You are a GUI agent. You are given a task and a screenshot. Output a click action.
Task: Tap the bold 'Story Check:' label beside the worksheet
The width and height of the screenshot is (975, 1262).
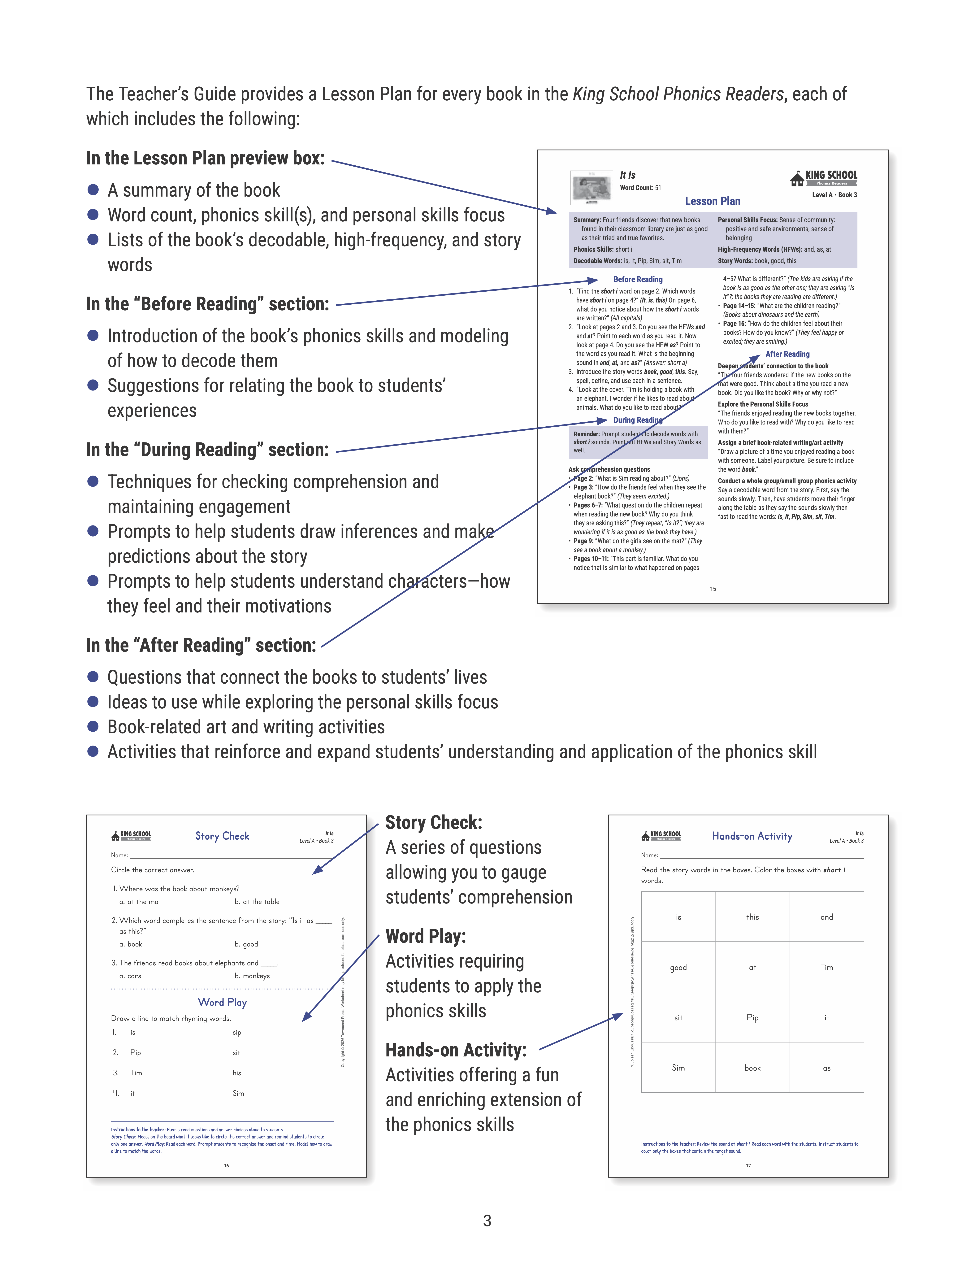point(433,822)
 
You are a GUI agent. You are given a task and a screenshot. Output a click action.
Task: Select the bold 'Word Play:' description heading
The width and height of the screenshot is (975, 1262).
point(426,936)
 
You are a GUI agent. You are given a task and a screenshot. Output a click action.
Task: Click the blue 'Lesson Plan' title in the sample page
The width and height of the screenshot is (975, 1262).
point(712,201)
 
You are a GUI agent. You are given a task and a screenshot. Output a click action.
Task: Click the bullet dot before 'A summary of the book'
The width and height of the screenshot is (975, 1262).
point(92,189)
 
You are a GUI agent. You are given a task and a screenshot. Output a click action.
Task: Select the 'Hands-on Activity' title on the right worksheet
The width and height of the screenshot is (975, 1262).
point(752,836)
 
